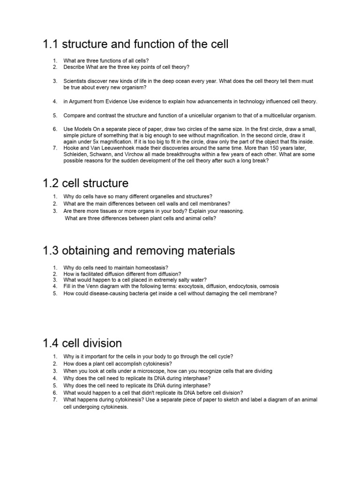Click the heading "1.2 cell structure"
[x=85, y=182]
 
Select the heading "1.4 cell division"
[x=82, y=343]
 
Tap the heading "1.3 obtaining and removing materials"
[x=139, y=251]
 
